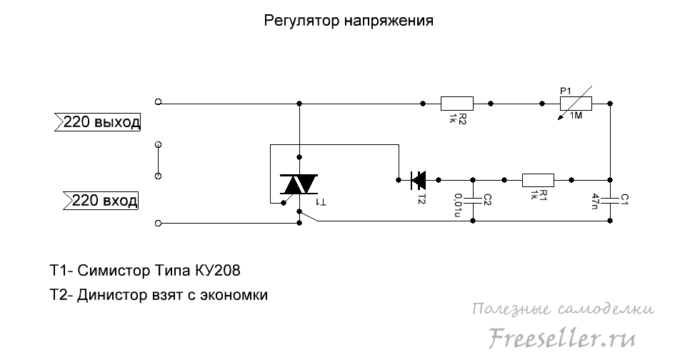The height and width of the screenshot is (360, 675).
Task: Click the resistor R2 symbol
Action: point(457,104)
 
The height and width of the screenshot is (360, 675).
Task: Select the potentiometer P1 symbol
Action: point(576,104)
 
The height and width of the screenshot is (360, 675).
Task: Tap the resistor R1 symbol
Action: point(539,179)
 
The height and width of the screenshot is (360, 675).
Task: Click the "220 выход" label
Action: point(101,122)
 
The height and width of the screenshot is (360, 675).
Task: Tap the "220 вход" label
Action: point(101,200)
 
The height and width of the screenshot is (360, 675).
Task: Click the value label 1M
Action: point(576,116)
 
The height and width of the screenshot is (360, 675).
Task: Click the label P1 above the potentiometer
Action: point(565,90)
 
